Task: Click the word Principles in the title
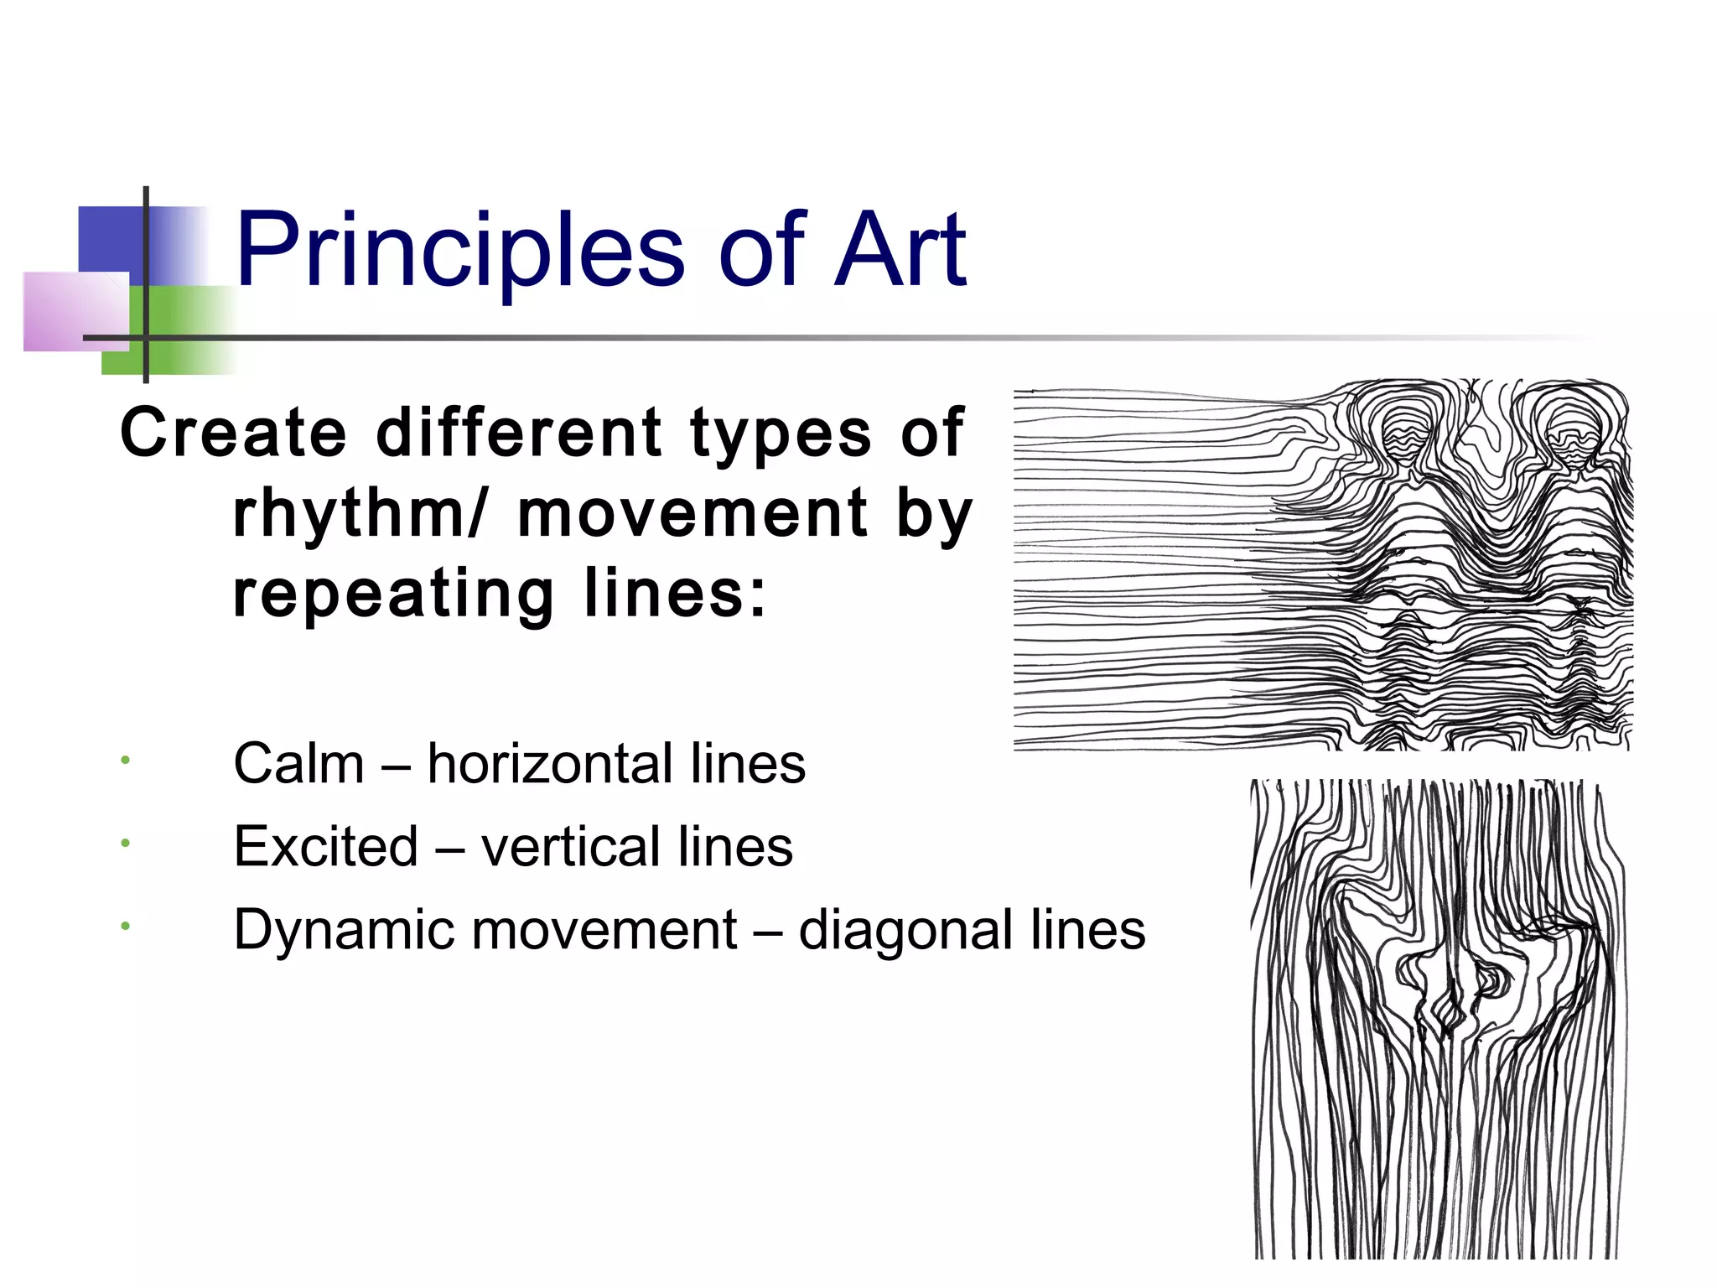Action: click(460, 250)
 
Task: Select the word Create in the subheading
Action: click(233, 433)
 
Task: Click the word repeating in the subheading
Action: click(393, 594)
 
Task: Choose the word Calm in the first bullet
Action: click(298, 764)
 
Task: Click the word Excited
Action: click(325, 846)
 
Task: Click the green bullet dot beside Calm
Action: click(124, 761)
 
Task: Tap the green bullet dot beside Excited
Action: click(124, 843)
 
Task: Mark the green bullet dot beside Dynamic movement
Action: click(124, 926)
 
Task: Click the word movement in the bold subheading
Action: click(693, 512)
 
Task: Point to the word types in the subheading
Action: click(781, 433)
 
